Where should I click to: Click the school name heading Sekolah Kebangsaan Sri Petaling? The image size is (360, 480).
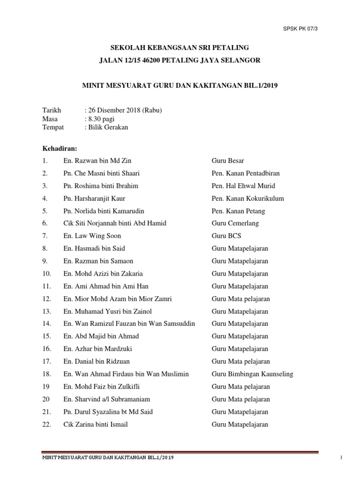180,48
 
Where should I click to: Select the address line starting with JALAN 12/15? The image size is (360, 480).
180,60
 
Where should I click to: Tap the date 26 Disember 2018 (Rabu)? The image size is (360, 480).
124,111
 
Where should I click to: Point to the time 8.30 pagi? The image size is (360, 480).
100,119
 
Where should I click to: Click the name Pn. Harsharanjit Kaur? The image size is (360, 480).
94,198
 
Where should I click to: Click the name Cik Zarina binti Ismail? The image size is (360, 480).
96,425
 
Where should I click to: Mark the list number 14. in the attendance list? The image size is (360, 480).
46,324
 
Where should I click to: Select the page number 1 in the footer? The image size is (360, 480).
343,458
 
